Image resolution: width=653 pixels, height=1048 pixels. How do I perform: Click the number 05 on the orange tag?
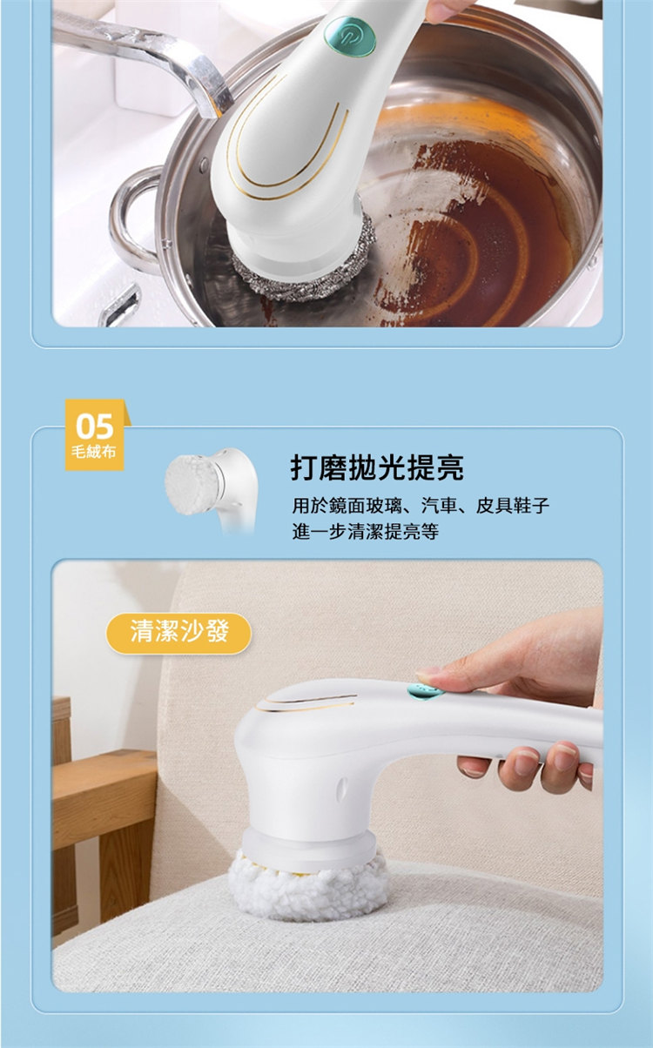point(95,426)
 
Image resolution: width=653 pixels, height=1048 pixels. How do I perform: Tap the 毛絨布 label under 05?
point(94,452)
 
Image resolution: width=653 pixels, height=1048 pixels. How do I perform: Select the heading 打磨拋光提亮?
point(377,467)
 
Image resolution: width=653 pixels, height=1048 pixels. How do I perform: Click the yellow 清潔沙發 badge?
point(178,634)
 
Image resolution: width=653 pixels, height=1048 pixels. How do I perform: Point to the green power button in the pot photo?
point(350,36)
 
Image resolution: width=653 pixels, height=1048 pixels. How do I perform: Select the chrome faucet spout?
point(145,56)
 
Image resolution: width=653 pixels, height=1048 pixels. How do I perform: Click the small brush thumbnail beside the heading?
point(212,490)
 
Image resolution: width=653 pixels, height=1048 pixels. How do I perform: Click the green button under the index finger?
point(424,691)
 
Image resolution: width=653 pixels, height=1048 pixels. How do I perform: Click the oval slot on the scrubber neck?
point(342,787)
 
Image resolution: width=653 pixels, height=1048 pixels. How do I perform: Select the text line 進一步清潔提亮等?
point(365,532)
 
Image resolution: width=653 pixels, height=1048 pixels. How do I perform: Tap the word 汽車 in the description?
point(439,505)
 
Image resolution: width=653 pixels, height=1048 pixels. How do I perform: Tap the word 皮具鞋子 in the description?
point(513,505)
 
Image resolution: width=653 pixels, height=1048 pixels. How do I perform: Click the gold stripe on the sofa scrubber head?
point(309,704)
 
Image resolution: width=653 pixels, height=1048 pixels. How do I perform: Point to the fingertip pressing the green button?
point(427,675)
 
